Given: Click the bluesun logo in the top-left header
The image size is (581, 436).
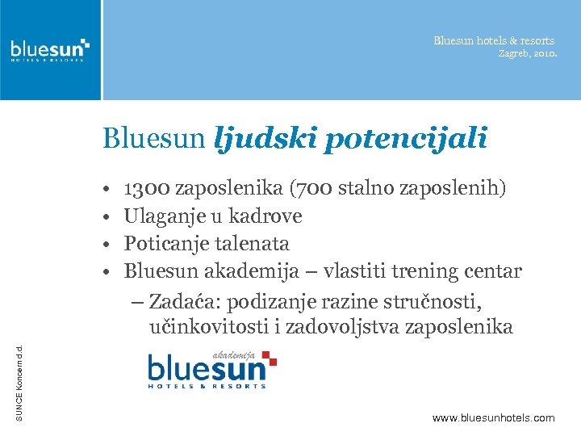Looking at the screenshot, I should pyautogui.click(x=50, y=50).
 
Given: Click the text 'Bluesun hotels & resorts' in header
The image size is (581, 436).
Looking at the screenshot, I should pyautogui.click(x=493, y=40).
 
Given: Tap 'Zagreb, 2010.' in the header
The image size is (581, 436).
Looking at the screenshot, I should pyautogui.click(x=527, y=54).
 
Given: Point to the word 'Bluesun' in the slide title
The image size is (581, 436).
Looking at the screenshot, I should pyautogui.click(x=154, y=140).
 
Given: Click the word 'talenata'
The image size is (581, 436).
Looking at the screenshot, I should pyautogui.click(x=253, y=244).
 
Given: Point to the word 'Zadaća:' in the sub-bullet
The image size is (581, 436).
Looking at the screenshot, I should pyautogui.click(x=185, y=302).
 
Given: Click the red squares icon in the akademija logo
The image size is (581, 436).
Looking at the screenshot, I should pyautogui.click(x=269, y=358).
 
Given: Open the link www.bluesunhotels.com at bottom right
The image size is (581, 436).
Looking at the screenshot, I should pyautogui.click(x=493, y=417).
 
